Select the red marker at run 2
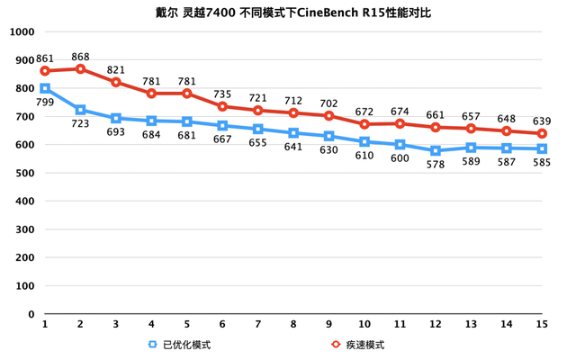80,69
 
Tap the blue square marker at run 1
45,88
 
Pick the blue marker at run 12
435,151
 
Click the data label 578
435,166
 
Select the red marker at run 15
542,134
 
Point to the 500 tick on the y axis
24,174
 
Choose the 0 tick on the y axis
31,315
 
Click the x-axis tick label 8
293,325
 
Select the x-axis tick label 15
542,325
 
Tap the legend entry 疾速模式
359,345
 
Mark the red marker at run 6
222,107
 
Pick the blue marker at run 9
328,137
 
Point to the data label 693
115,132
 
